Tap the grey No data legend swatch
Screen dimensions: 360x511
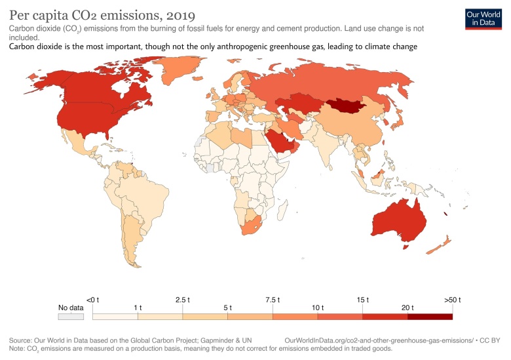click(71, 316)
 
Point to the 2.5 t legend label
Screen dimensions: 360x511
click(183, 300)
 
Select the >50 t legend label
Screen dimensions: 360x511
click(452, 300)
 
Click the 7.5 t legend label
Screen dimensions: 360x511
click(273, 300)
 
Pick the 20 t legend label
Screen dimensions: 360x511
click(407, 307)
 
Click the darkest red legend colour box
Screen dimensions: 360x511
click(430, 316)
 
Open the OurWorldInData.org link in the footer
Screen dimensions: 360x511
click(379, 341)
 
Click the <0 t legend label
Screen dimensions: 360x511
click(92, 300)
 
